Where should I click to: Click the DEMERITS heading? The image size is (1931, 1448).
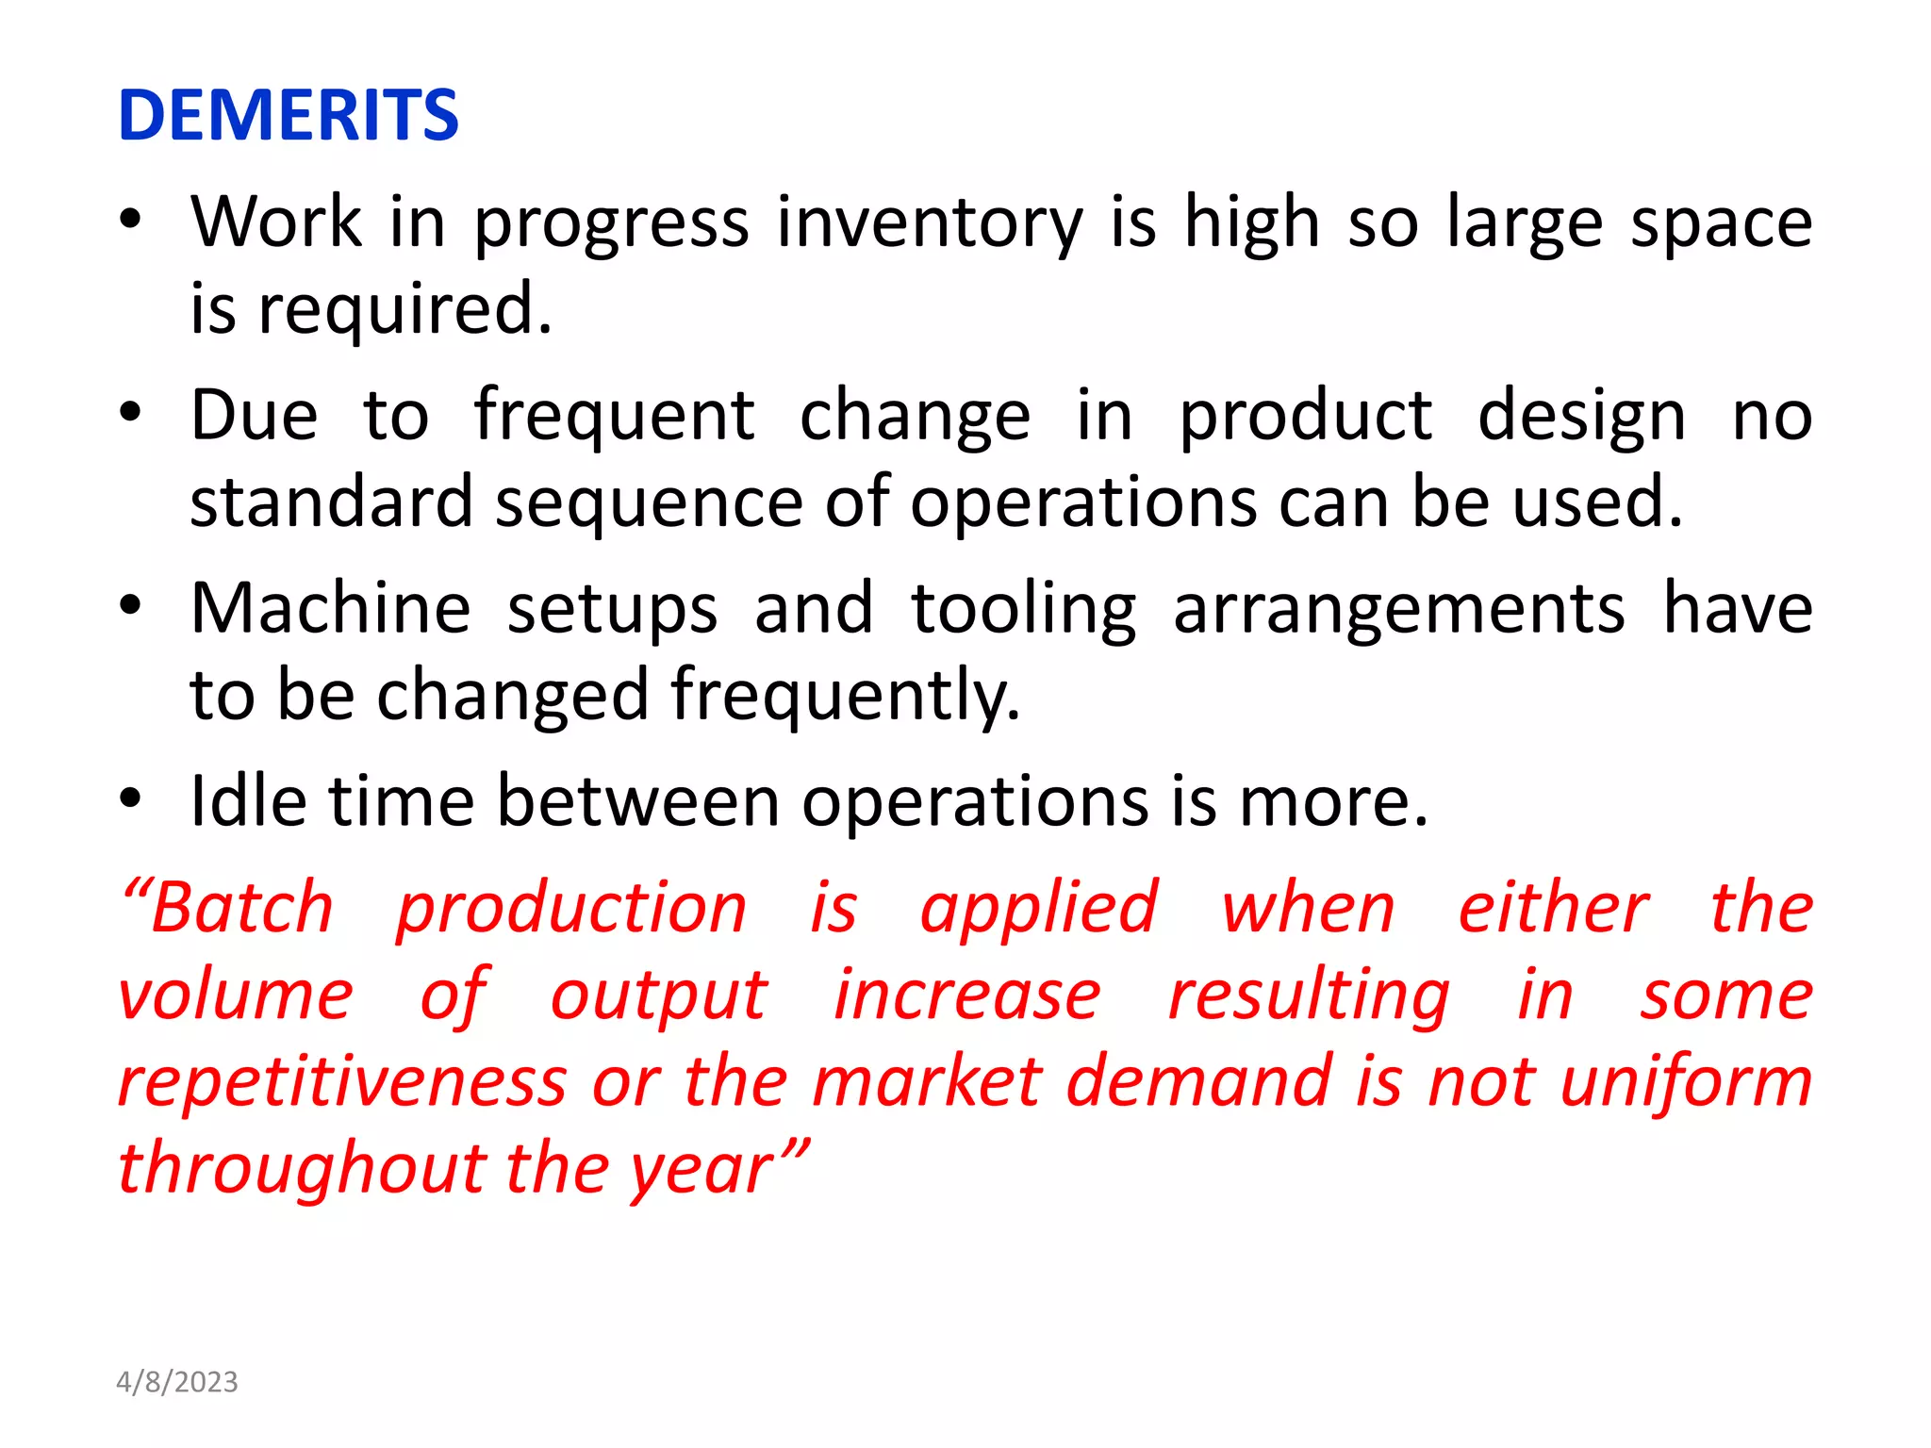[288, 115]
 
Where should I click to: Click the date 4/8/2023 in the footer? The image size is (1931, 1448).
[176, 1382]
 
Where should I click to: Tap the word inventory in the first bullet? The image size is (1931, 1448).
[930, 224]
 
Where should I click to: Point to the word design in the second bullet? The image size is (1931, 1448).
[1581, 417]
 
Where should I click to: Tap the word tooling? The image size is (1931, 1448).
[1024, 610]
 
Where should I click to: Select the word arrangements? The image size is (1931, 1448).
[1399, 610]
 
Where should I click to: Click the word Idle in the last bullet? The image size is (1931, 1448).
[248, 801]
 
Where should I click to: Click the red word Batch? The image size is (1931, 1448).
[240, 908]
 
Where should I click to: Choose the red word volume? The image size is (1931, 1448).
[236, 995]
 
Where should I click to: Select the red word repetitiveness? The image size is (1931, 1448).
[342, 1082]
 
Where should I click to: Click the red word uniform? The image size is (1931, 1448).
[1685, 1082]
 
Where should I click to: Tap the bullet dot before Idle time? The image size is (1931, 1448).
[130, 798]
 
